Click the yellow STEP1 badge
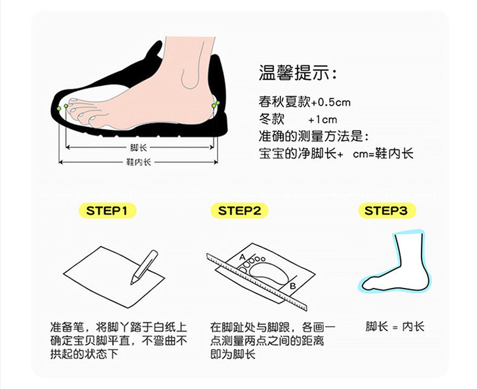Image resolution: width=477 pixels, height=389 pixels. point(107,210)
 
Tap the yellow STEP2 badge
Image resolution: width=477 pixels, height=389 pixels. point(239,210)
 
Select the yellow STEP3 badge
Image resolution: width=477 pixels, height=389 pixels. point(386,210)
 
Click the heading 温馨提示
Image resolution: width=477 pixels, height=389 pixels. point(298,73)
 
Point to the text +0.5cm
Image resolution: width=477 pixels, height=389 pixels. point(331,102)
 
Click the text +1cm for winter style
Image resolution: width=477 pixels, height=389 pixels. point(322,119)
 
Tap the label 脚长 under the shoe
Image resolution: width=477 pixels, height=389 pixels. point(139,148)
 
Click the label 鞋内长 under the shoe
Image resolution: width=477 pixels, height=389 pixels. point(139,162)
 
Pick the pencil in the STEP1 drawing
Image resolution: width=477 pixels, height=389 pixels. point(144,268)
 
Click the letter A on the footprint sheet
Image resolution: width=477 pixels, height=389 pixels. point(242,257)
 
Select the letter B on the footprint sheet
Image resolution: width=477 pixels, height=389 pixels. point(293,286)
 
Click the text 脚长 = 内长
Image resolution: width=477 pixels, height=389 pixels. point(394,327)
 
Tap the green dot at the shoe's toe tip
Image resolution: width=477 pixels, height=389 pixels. point(59,109)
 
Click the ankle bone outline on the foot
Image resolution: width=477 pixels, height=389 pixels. point(190,78)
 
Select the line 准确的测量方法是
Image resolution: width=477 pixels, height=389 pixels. point(314,136)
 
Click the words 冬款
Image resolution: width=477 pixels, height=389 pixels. point(272,119)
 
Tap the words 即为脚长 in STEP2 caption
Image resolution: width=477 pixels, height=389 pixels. point(233,354)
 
